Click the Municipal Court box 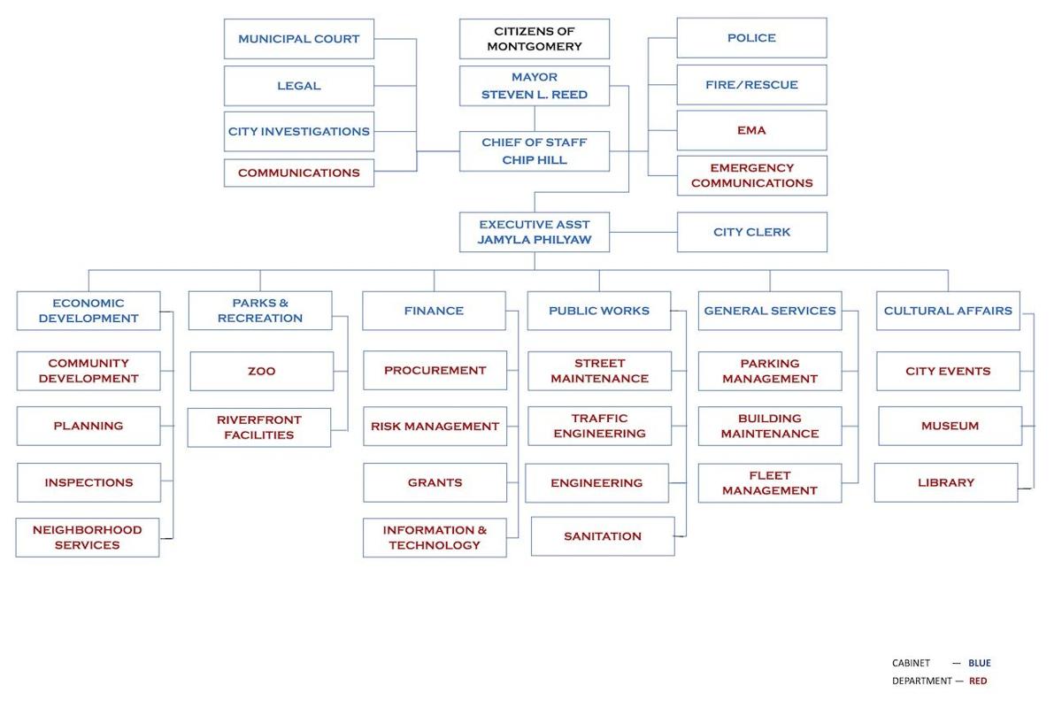(x=298, y=39)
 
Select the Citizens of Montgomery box (x=534, y=39)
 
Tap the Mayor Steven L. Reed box (x=534, y=86)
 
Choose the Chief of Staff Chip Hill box (x=534, y=151)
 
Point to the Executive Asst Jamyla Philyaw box (x=534, y=232)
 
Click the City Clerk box (x=751, y=232)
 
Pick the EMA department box (x=751, y=130)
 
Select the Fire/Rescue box (x=751, y=85)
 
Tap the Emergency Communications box (x=751, y=175)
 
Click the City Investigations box (x=298, y=131)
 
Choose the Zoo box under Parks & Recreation (x=261, y=371)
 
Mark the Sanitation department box (x=602, y=536)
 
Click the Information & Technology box (x=435, y=537)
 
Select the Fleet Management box (x=769, y=482)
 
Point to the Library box (x=945, y=482)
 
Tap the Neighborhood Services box (x=87, y=537)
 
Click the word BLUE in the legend (x=979, y=663)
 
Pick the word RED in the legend (x=977, y=681)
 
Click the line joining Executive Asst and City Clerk (x=643, y=233)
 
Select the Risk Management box (x=435, y=426)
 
